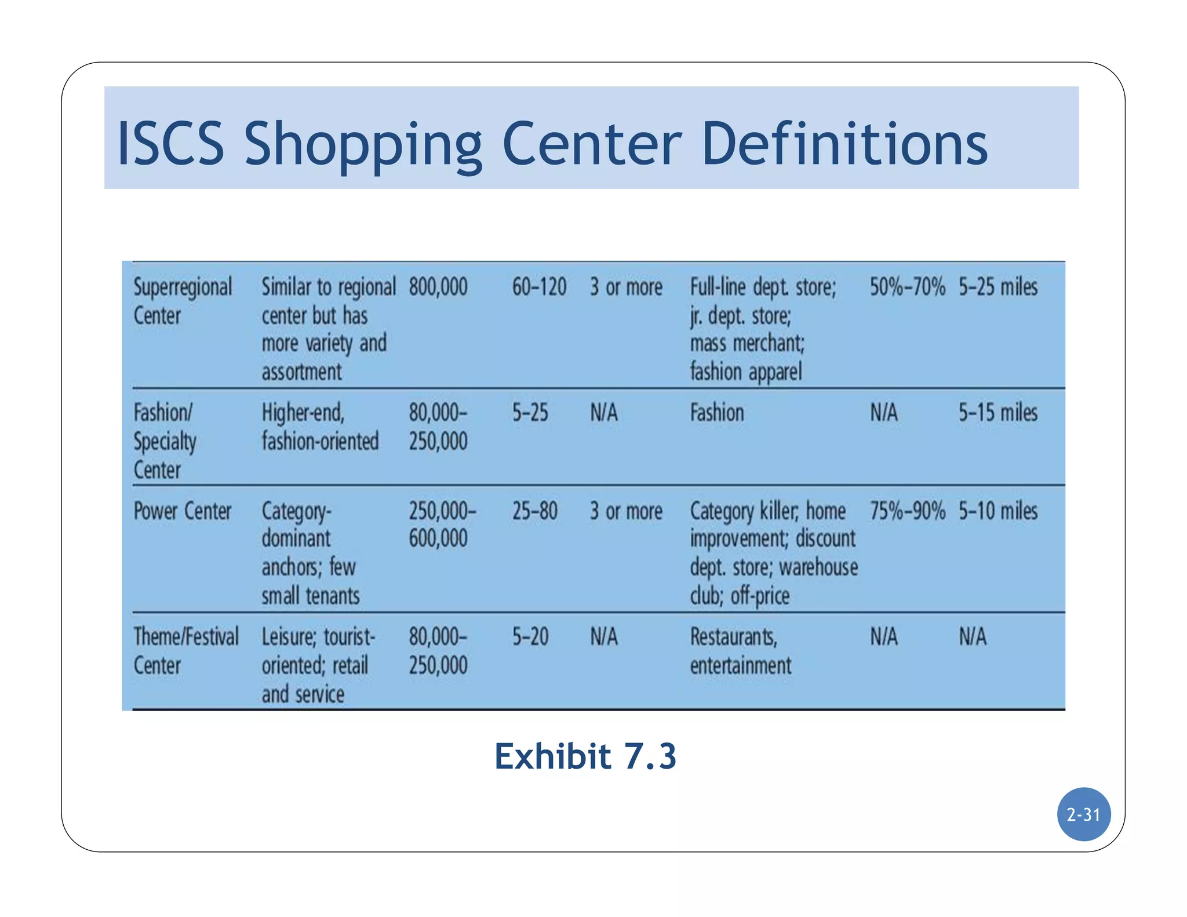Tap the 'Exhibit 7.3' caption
click(585, 756)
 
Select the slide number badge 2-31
click(1083, 814)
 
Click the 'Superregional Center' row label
click(183, 301)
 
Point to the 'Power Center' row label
click(182, 511)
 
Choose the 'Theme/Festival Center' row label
click(185, 651)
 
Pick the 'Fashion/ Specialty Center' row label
click(165, 441)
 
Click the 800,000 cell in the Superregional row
click(438, 287)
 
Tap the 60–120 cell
click(539, 287)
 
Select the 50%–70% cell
click(907, 287)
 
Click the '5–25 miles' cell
click(997, 287)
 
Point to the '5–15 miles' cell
click(997, 413)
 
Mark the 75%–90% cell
click(907, 511)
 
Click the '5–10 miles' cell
click(997, 511)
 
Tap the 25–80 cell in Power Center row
click(534, 511)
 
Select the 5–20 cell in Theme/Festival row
click(530, 637)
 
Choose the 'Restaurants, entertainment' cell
click(740, 651)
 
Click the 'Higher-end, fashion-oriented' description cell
click(320, 427)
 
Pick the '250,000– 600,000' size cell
click(442, 525)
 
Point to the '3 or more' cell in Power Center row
click(626, 511)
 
